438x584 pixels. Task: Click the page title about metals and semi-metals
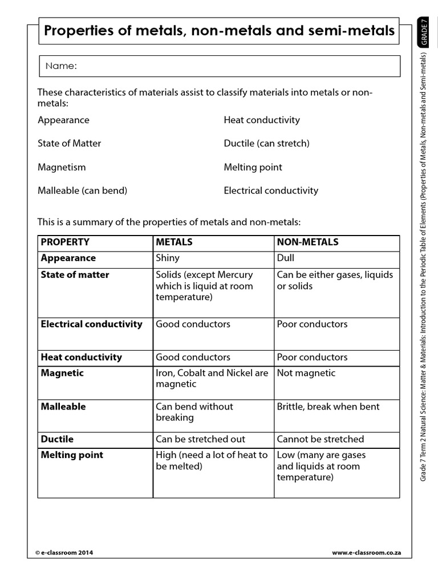pos(219,31)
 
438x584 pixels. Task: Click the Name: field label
pos(61,66)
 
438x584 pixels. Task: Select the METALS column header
pos(174,242)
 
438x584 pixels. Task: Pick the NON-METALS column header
pos(307,242)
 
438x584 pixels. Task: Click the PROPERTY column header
pos(65,242)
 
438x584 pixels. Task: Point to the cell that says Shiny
pos(168,258)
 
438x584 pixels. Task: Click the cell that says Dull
pos(286,258)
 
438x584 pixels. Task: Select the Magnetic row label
pos(62,373)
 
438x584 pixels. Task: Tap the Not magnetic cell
pos(306,373)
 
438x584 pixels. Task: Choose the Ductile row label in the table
pos(57,439)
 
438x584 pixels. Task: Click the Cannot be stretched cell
pos(321,439)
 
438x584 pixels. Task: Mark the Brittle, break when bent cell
pos(328,407)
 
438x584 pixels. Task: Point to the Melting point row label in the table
pos(72,455)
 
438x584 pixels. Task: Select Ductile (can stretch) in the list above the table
pos(266,144)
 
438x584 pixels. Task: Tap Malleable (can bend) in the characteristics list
pos(82,190)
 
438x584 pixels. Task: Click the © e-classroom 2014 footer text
pos(64,553)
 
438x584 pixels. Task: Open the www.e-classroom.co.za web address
pos(367,553)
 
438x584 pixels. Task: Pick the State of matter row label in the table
pos(75,275)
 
